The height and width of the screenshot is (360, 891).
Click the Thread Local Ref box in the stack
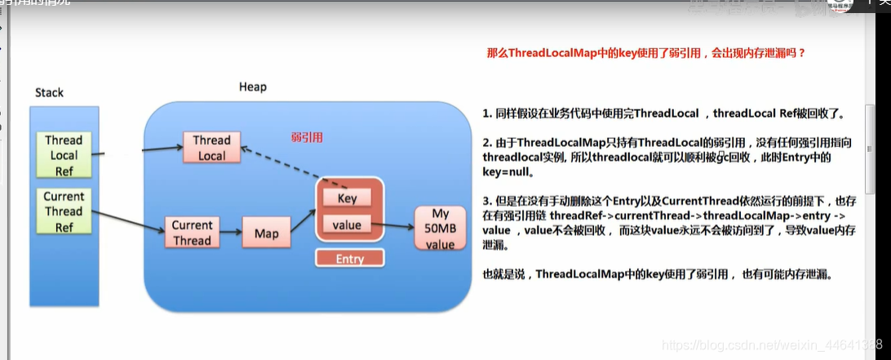click(64, 155)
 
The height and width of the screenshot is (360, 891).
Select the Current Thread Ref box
click(64, 211)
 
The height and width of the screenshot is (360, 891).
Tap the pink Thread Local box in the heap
click(211, 148)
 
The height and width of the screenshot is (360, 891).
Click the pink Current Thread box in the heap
click(192, 232)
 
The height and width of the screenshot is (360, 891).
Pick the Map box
click(266, 233)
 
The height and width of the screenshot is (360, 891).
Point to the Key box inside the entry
click(347, 198)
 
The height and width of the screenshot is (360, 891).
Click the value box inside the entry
click(347, 224)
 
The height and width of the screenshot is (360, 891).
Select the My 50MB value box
click(440, 229)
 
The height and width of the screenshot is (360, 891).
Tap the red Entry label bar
click(349, 259)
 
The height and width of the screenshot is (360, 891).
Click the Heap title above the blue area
click(252, 87)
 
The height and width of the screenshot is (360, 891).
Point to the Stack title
click(49, 93)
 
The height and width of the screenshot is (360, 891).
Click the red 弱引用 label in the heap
click(307, 137)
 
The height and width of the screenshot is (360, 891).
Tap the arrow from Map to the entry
click(300, 219)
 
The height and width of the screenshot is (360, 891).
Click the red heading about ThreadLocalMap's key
click(645, 53)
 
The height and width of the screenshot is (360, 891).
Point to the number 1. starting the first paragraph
click(487, 113)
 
